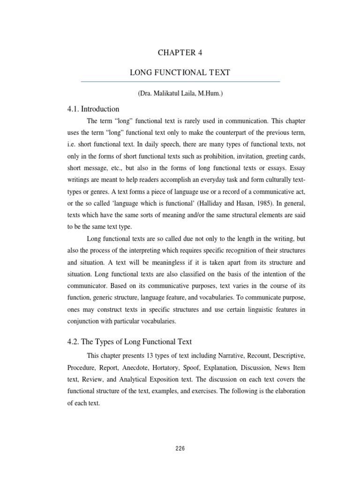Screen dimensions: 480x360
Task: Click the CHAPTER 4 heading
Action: point(180,52)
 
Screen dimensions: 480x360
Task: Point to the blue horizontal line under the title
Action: point(180,82)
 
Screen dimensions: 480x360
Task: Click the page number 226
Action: point(180,448)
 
